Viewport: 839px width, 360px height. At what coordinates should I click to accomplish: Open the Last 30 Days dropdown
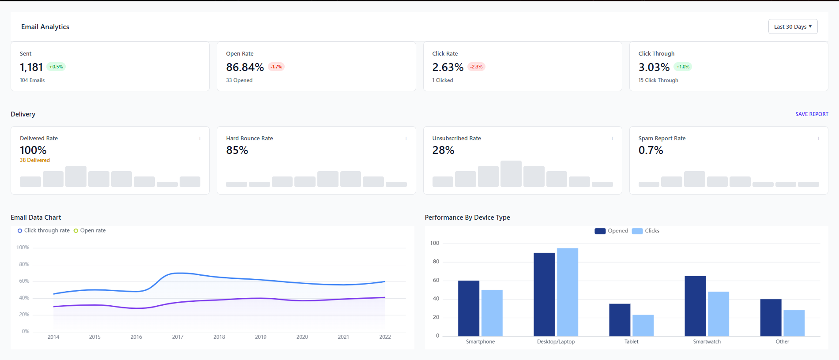793,26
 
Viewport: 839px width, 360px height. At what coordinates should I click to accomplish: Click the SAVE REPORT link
812,114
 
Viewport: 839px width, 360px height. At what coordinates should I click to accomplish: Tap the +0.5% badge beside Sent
56,67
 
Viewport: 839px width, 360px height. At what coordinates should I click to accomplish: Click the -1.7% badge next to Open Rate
276,67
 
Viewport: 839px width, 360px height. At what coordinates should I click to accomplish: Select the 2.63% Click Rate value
448,67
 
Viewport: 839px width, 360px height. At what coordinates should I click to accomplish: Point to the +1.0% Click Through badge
683,67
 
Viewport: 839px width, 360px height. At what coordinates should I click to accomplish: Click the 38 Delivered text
35,160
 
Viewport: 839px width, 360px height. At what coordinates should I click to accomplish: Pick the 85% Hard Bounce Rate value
237,150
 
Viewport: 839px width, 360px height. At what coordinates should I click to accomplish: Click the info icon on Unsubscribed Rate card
612,138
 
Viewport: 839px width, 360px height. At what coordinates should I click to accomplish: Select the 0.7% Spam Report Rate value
651,150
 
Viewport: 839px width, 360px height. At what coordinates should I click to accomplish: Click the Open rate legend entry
90,231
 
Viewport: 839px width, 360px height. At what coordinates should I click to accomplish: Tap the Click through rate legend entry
44,231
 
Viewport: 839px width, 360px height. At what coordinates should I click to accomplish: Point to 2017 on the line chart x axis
178,337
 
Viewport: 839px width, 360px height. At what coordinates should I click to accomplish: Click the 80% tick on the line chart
24,264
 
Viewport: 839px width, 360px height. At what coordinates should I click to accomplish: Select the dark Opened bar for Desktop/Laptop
544,294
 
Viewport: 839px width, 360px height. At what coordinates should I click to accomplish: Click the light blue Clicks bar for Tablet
643,326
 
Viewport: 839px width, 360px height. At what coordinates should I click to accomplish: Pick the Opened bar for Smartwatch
695,306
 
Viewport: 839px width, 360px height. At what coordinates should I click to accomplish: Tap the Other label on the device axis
782,342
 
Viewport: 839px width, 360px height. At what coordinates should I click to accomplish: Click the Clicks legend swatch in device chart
637,231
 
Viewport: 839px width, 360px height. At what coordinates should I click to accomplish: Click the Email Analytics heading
45,27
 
